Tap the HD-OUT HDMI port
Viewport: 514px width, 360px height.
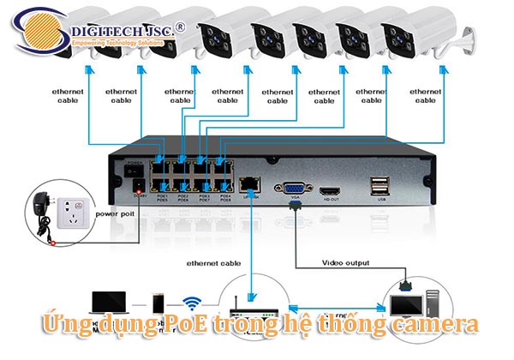coord(330,191)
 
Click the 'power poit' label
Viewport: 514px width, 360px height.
coord(114,213)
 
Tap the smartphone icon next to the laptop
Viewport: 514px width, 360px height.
coord(157,303)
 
